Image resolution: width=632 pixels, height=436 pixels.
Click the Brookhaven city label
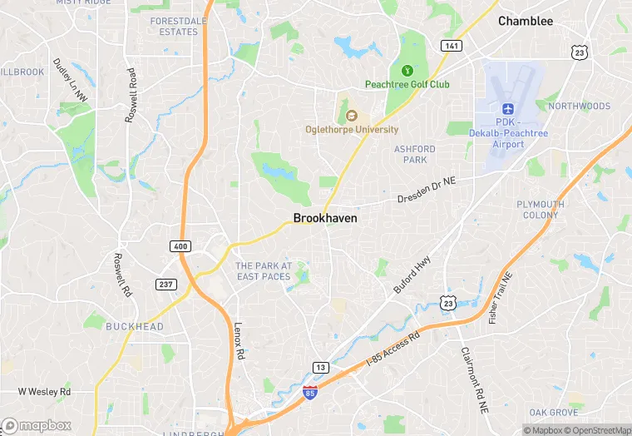(325, 218)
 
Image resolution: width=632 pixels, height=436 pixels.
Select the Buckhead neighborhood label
(135, 327)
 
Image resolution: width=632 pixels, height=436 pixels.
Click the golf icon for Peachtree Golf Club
(407, 71)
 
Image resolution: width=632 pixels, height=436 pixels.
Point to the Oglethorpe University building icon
(350, 116)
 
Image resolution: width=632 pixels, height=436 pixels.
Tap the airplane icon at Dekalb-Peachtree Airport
(507, 109)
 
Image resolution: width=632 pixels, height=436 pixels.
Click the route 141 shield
(452, 46)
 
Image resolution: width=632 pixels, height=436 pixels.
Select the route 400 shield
(180, 246)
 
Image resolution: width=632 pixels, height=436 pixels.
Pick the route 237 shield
(165, 285)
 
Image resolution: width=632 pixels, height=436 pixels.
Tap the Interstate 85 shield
(309, 392)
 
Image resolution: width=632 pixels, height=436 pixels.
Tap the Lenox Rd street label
(239, 340)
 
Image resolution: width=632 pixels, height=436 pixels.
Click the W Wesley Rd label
(45, 391)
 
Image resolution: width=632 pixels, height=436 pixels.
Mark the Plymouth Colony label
(541, 210)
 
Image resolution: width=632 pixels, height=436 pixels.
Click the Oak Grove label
(554, 413)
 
